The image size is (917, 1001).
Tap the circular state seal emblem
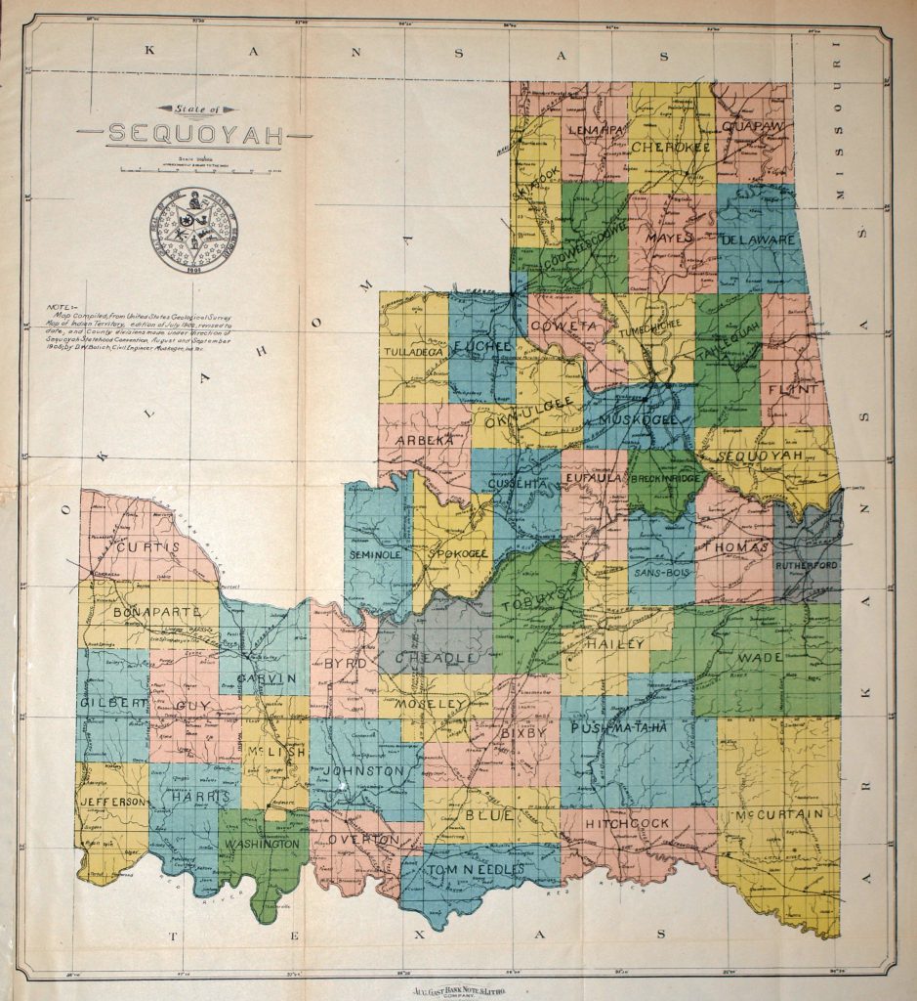[194, 231]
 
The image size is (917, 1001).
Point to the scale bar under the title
[195, 170]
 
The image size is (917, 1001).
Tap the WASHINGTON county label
[263, 843]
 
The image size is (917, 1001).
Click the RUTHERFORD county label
[807, 565]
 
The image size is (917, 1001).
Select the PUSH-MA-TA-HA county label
[631, 729]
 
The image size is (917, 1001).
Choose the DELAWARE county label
[761, 239]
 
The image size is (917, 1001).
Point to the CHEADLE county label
[437, 658]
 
